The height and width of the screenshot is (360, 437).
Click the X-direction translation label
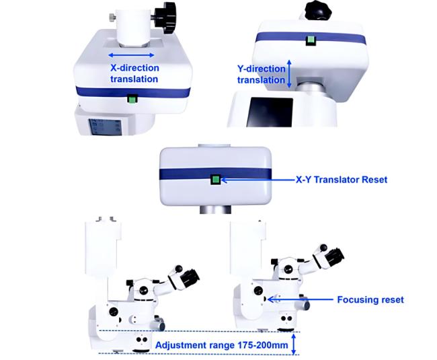tap(134, 73)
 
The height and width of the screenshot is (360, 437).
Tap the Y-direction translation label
tap(261, 75)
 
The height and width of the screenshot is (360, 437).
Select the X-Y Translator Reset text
tap(342, 180)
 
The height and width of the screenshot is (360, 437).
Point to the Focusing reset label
tap(370, 299)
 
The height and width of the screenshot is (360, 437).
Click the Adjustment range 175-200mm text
tap(222, 345)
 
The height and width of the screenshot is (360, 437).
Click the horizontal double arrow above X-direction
tap(131, 55)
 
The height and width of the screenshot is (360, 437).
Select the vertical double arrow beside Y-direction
tap(289, 73)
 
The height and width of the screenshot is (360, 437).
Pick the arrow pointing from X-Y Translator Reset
tap(257, 180)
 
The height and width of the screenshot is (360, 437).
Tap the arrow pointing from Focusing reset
tap(300, 299)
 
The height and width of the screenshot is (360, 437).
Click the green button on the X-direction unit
tap(132, 99)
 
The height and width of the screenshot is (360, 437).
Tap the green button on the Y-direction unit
tap(311, 41)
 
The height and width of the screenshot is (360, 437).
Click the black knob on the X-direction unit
tap(165, 17)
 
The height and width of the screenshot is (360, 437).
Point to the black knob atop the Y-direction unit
tap(318, 11)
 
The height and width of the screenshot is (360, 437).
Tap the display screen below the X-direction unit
tap(105, 127)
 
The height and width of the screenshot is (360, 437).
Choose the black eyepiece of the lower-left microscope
tap(190, 277)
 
